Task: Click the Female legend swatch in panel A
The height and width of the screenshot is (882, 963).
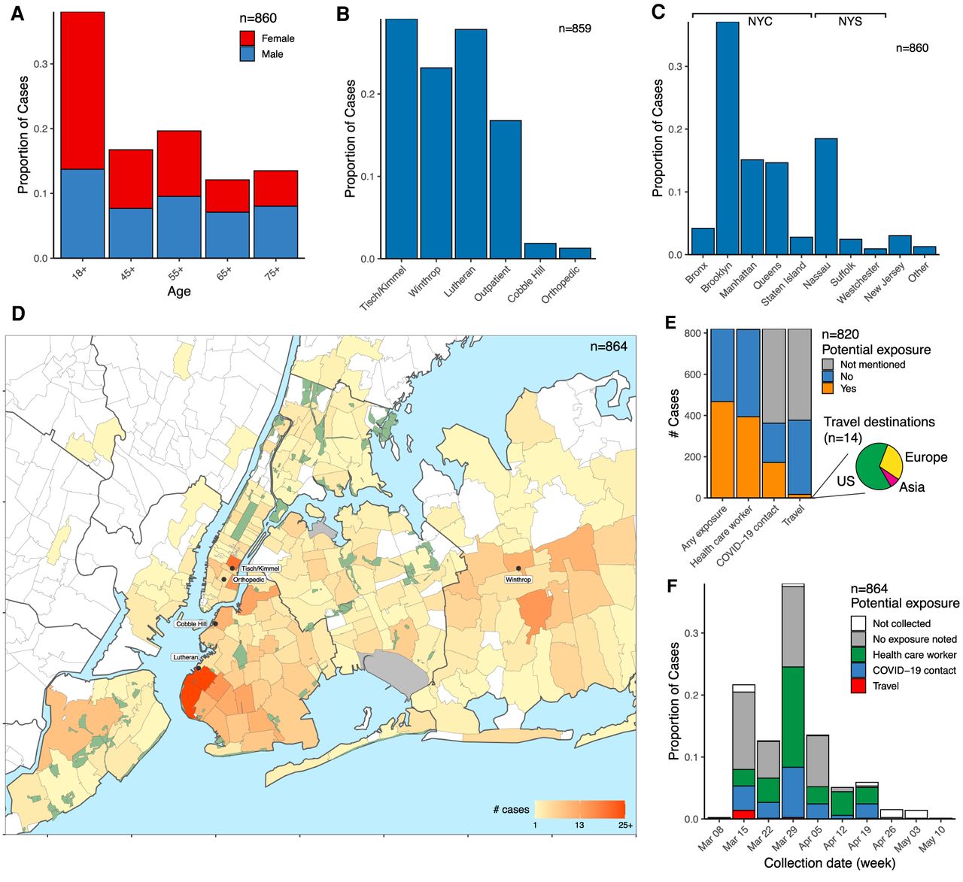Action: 248,38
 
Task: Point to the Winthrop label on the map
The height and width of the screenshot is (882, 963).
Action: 518,580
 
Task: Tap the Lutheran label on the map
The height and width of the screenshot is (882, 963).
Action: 185,657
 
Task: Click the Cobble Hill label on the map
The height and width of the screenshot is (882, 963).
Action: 191,624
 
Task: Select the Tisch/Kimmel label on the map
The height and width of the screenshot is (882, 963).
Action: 260,568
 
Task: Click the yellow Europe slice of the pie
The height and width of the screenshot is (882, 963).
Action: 890,458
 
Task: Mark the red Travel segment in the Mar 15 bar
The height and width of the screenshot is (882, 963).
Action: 743,814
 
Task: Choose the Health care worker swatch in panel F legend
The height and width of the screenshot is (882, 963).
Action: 858,655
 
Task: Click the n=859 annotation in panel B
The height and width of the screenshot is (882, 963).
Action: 575,29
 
